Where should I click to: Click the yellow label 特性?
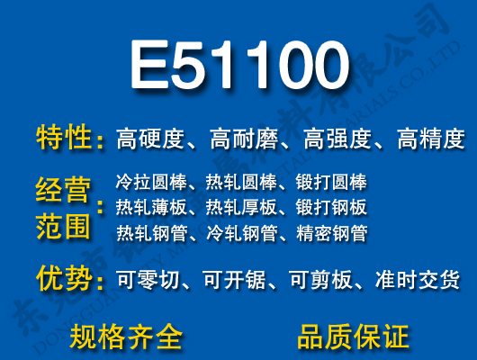64,139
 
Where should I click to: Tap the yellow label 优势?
64,279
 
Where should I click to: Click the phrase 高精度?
430,139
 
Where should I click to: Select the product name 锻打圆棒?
331,182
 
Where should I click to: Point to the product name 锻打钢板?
331,207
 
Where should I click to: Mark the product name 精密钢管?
331,233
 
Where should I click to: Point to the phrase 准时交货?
417,280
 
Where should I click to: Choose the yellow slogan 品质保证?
353,337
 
